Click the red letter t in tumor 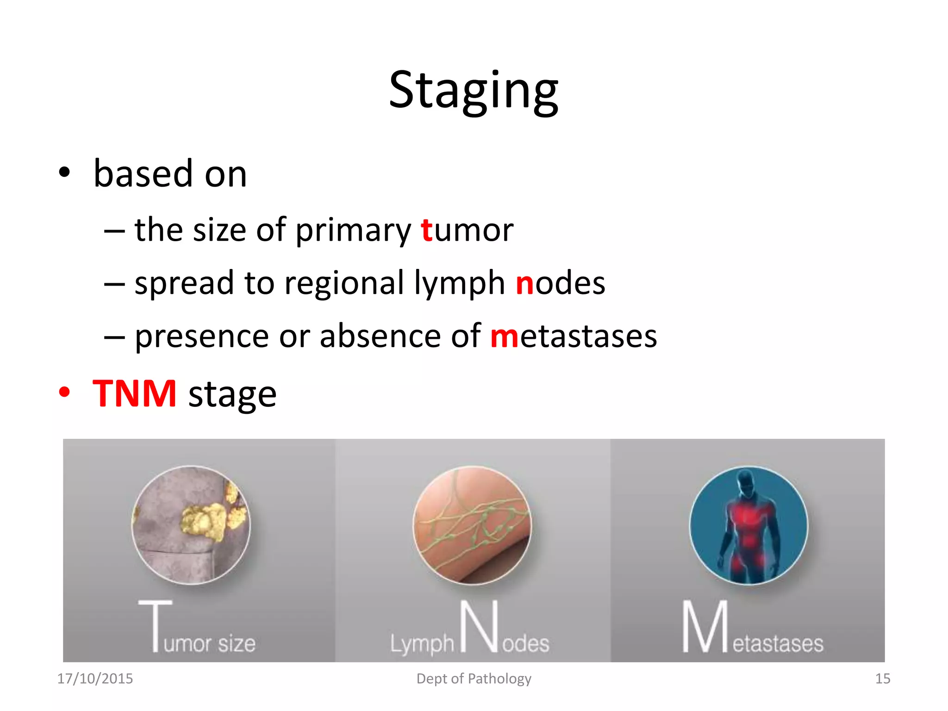point(426,230)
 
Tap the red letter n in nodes point(524,283)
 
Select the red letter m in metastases point(504,337)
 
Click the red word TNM point(134,393)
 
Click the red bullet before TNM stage point(64,393)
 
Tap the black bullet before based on point(64,173)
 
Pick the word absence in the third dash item point(380,337)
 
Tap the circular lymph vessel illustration point(472,525)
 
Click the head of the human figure point(746,481)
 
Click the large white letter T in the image point(155,625)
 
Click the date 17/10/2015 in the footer point(95,679)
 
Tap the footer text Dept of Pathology point(474,679)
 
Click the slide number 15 point(882,679)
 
